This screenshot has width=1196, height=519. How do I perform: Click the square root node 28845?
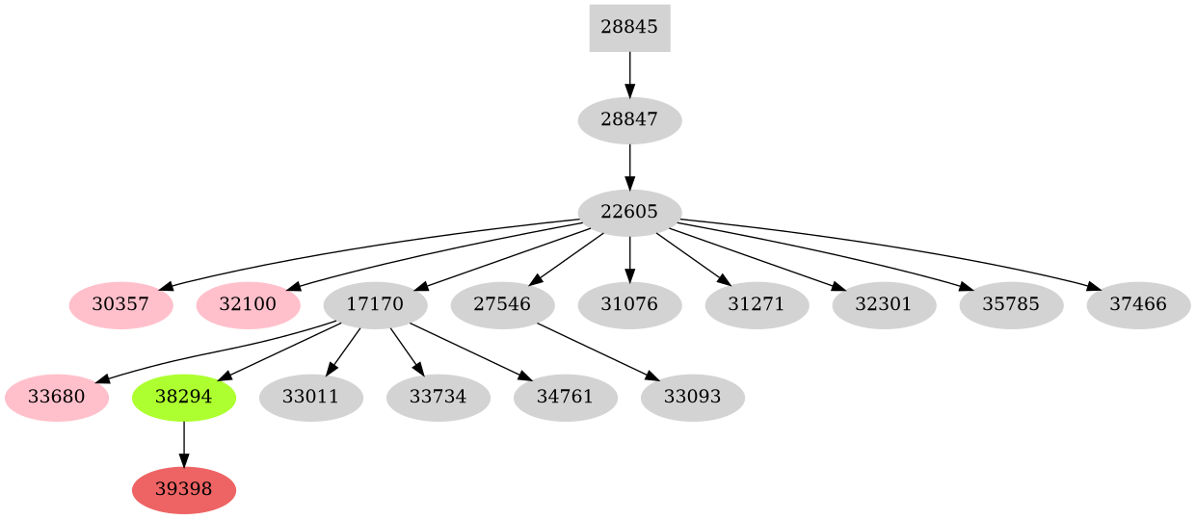629,27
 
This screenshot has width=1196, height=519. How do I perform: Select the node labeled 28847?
629,120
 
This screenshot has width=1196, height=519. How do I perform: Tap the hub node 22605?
629,213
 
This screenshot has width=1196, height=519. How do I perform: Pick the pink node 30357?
121,305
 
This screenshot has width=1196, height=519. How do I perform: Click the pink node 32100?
249,305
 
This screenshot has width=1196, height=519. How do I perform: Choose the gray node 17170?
376,305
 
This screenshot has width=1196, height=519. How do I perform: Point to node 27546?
503,305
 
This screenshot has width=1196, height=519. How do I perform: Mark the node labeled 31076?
629,305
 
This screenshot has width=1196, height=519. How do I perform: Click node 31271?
757,305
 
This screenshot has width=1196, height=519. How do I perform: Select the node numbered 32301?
884,305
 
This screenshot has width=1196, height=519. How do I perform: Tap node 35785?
1011,305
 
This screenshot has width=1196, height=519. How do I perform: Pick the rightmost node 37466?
1138,305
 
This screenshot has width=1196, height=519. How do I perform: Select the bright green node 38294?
184,398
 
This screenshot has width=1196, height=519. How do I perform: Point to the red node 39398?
184,490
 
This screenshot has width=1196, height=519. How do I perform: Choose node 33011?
311,398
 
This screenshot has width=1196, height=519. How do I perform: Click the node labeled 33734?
439,398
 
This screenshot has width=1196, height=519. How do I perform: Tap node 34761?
566,398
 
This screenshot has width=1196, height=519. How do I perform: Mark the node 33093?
693,398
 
